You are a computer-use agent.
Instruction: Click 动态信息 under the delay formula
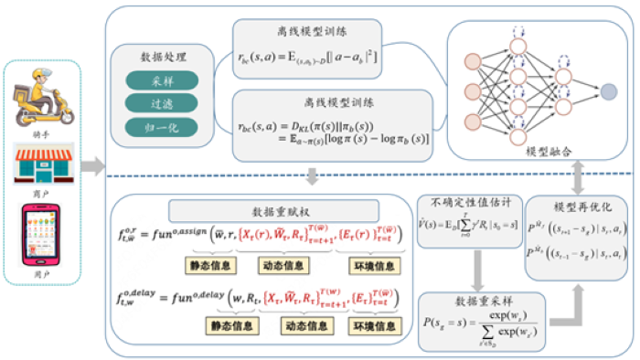(x=299, y=323)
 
